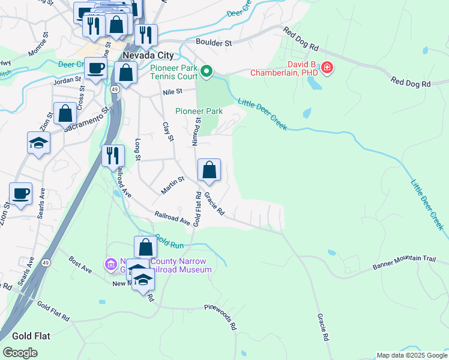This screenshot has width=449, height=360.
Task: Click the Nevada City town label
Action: pos(147,55)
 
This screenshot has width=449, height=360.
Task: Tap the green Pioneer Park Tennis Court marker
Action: pos(206,72)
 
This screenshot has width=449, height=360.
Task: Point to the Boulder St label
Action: pos(214,43)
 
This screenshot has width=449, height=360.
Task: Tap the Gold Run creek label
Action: pos(169,241)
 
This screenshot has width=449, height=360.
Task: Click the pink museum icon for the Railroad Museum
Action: pos(110,264)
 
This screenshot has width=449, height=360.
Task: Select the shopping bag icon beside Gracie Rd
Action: pos(209,170)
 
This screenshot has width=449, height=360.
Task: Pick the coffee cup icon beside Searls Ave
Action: pos(20,194)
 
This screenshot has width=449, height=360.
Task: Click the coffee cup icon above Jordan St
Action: pos(95,68)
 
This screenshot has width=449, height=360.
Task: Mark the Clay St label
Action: pos(167,131)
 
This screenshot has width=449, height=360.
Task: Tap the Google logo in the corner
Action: pos(20,353)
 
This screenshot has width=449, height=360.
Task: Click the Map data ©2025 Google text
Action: pos(411,355)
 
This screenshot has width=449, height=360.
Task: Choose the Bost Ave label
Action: pos(80,265)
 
